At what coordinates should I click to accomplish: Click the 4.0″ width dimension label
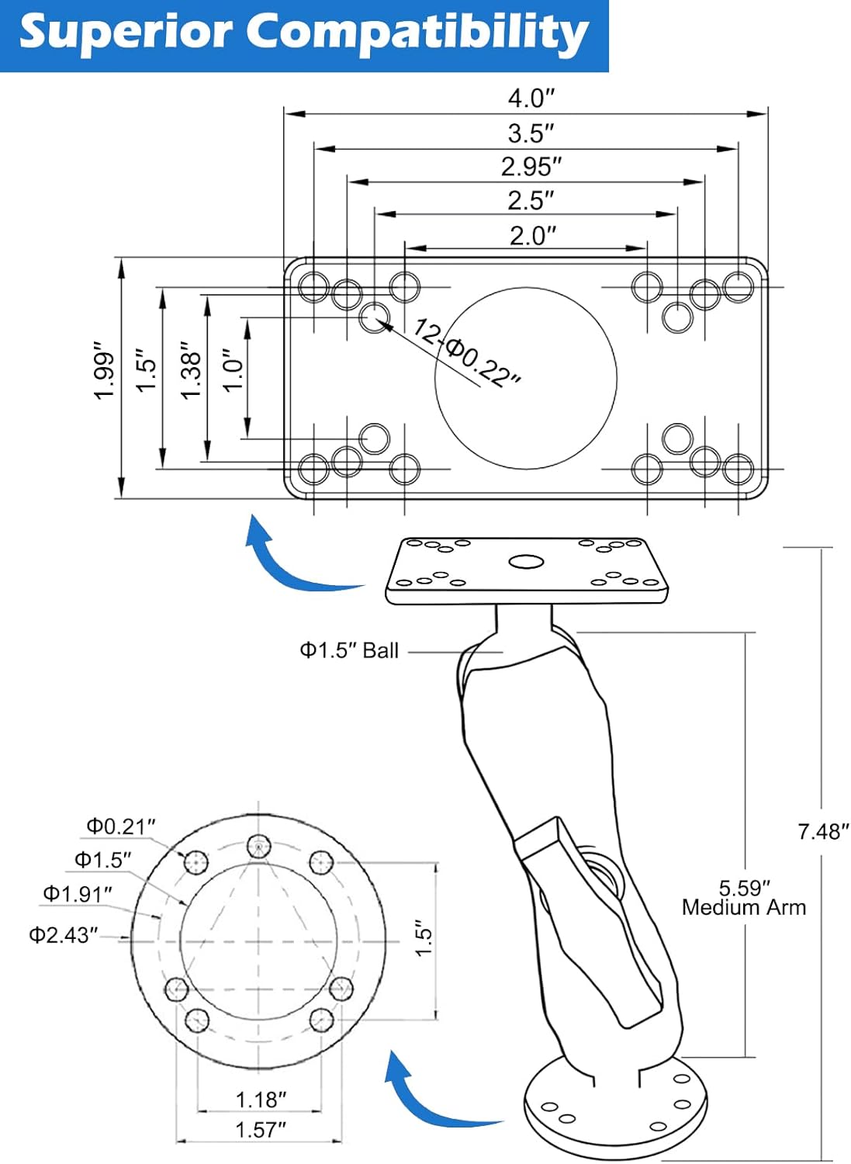pos(531,99)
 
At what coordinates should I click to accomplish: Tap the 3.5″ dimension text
pos(531,133)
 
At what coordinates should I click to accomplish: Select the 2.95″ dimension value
pos(531,168)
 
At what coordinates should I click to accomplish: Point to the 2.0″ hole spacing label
pos(532,236)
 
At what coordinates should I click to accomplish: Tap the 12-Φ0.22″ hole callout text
pos(466,353)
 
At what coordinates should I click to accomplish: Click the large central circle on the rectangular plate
pos(526,379)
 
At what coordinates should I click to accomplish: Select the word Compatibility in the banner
pos(417,33)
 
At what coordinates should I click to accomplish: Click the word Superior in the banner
pos(125,33)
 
